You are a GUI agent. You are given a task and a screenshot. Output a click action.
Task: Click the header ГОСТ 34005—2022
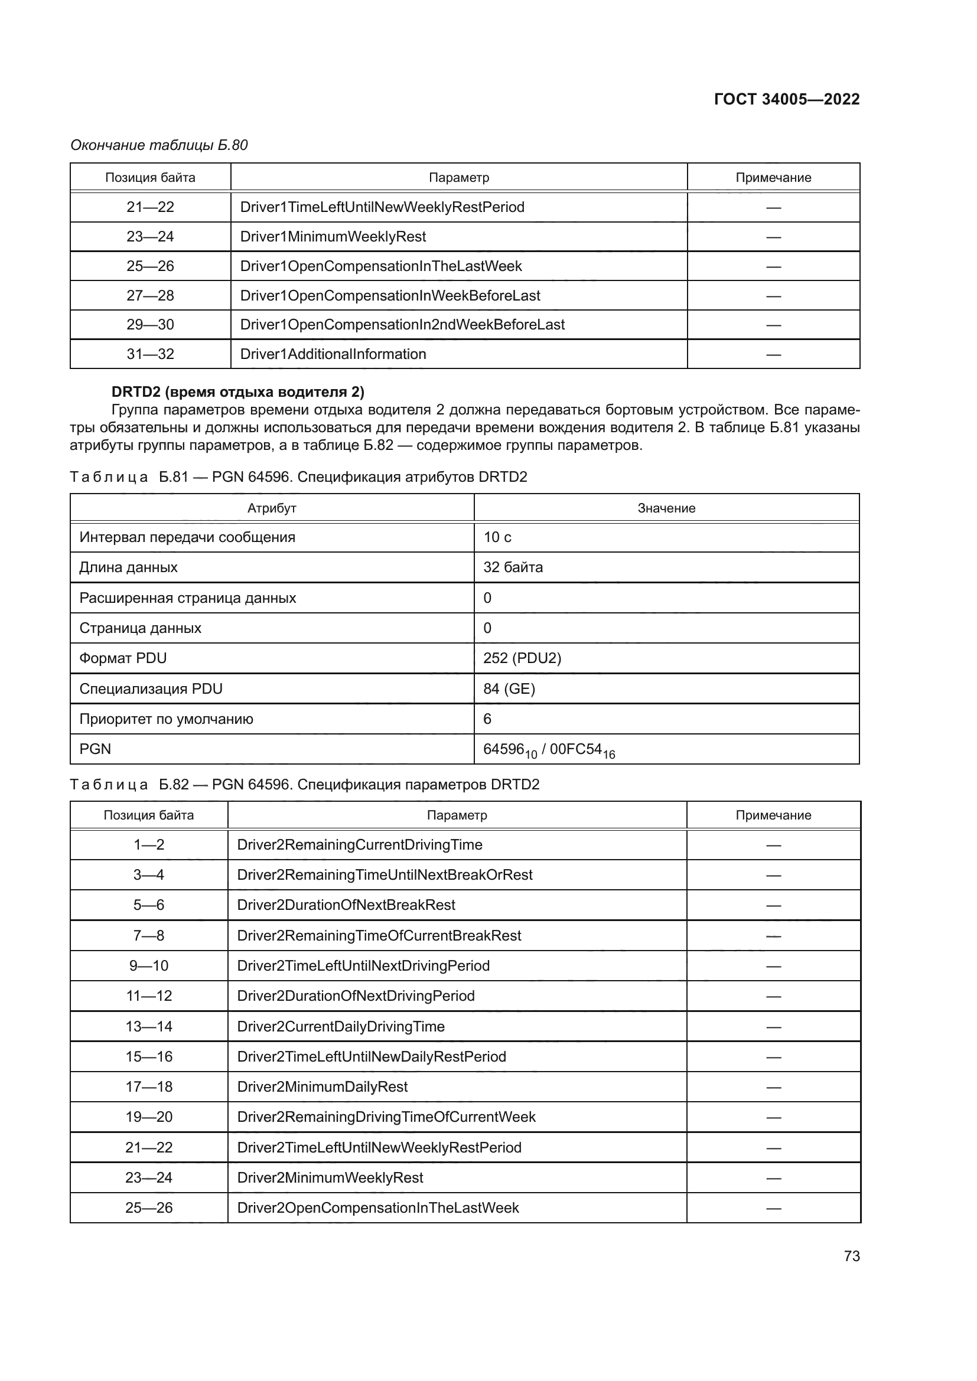tap(786, 99)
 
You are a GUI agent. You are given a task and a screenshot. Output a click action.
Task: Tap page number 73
tap(851, 1256)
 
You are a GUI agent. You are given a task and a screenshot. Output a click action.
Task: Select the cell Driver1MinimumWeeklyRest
tap(333, 236)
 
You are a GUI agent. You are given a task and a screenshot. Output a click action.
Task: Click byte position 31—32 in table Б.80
tap(150, 354)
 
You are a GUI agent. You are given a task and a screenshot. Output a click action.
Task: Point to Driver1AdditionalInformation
tap(333, 354)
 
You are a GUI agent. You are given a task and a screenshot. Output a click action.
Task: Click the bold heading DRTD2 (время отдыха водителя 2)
tap(237, 392)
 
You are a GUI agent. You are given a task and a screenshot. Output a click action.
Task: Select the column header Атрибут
tap(272, 508)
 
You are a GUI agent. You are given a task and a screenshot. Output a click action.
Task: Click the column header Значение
tap(666, 508)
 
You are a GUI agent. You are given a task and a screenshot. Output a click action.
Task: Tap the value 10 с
tap(497, 537)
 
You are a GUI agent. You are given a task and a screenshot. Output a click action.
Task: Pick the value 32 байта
tap(513, 567)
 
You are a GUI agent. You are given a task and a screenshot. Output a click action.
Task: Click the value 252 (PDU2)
tap(522, 658)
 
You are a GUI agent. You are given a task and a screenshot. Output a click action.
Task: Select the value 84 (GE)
tap(509, 688)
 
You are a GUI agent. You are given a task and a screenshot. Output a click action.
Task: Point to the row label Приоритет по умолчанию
tap(166, 719)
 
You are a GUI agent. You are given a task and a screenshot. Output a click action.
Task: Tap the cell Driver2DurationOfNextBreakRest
tap(346, 905)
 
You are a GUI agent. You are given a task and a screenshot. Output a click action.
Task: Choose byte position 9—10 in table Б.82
tap(149, 965)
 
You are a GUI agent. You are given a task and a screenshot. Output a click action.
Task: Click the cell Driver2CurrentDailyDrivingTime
tap(340, 1026)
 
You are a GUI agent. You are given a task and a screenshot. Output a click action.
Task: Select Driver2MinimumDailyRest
tap(322, 1086)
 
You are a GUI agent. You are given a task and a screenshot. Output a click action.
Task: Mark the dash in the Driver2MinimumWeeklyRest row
tap(773, 1178)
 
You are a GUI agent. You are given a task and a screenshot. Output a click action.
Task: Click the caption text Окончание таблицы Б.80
tap(159, 145)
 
